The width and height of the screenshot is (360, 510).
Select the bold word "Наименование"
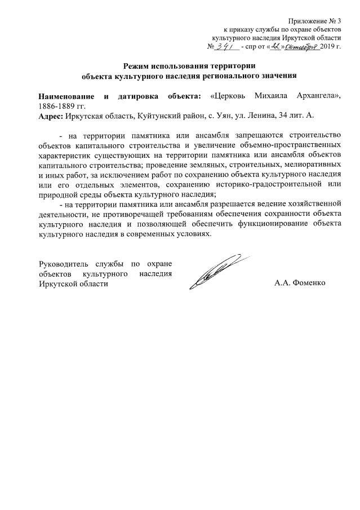64,95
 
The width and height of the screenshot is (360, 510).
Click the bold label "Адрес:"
50,115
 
